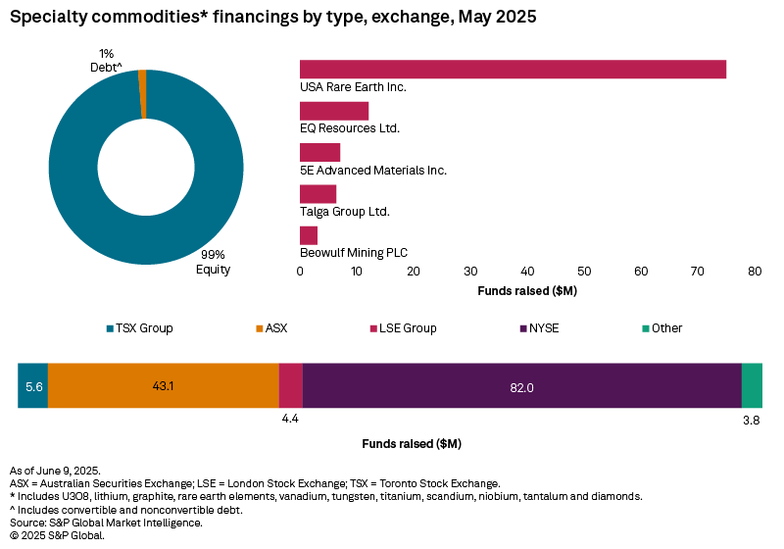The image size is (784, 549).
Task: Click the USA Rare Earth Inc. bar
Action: [x=513, y=69]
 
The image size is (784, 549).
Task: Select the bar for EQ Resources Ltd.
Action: [x=334, y=111]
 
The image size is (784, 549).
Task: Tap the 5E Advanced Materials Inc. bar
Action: [x=319, y=152]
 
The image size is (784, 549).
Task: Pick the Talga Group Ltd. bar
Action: [x=318, y=194]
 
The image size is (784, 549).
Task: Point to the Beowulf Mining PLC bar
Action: [x=309, y=235]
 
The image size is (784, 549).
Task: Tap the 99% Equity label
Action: [x=213, y=262]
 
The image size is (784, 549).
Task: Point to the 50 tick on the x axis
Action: [x=584, y=271]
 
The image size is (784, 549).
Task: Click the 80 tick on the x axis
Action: [x=755, y=271]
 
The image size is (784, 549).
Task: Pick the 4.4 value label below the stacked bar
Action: [x=290, y=420]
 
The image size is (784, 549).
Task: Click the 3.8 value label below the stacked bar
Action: [x=752, y=420]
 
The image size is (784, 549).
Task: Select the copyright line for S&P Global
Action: [x=57, y=535]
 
